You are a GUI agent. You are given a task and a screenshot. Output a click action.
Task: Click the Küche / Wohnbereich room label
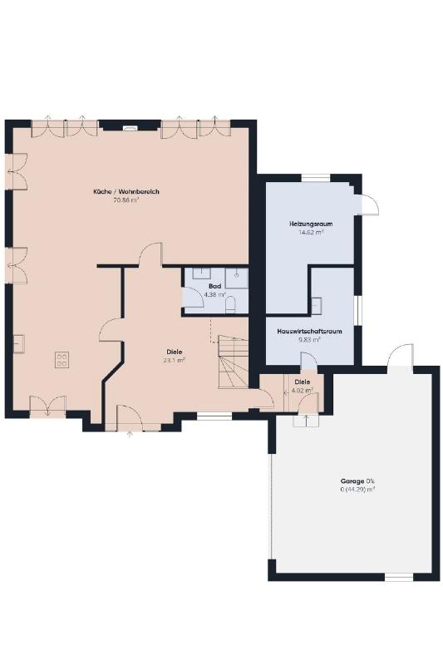point(126,192)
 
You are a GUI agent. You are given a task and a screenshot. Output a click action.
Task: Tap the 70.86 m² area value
point(126,200)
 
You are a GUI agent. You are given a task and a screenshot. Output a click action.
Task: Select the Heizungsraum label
point(311,224)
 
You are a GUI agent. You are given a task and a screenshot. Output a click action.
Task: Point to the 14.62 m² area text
point(311,232)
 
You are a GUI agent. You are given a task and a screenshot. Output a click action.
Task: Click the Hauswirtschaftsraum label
point(309,331)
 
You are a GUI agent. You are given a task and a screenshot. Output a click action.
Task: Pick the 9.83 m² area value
point(309,339)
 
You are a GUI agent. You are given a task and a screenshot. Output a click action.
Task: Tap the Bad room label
point(215,286)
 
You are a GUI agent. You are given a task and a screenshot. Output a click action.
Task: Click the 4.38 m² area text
point(215,294)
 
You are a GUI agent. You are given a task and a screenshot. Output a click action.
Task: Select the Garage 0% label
point(357,481)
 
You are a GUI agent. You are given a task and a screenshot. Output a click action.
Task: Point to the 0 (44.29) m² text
point(357,490)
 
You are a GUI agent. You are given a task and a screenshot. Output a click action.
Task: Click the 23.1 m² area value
point(175,361)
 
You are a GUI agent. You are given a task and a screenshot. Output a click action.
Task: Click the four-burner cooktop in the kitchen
point(62,360)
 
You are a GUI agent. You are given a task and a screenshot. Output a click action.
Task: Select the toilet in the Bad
point(231,305)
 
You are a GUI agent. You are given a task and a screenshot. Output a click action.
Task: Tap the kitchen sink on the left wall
point(18,343)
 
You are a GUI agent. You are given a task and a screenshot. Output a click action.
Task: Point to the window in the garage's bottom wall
point(398,577)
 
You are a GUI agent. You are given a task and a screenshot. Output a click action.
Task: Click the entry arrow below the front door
point(130,433)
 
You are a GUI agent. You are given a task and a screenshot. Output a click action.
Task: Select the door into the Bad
point(194,296)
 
